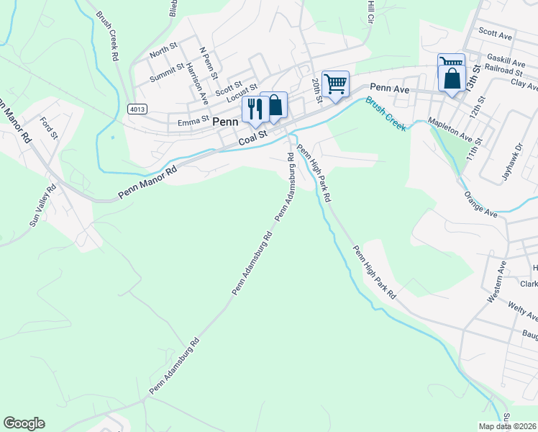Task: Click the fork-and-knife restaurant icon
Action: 254,108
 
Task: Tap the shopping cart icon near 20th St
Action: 335,84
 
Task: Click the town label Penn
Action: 225,122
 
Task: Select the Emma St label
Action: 193,123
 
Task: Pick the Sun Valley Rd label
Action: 42,206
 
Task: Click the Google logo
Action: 24,423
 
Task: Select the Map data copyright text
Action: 508,426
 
